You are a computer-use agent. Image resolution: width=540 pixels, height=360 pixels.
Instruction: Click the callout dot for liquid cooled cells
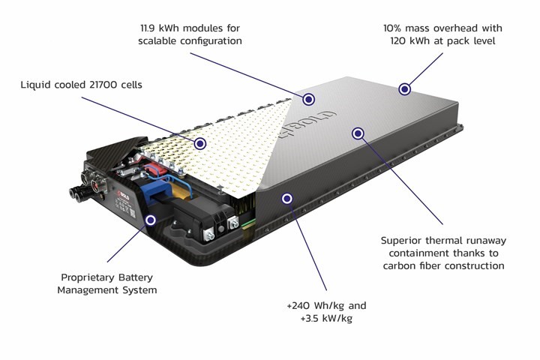[x=199, y=142]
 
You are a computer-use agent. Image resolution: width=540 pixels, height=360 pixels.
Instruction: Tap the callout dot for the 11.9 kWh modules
[x=307, y=98]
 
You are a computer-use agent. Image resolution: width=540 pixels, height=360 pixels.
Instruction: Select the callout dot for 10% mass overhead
[x=404, y=88]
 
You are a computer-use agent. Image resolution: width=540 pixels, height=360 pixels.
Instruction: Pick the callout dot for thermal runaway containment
[x=358, y=133]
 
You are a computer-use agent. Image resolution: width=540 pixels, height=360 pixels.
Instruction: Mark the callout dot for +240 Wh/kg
[x=285, y=198]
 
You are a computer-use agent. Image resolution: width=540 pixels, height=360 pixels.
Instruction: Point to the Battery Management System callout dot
[x=151, y=220]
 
